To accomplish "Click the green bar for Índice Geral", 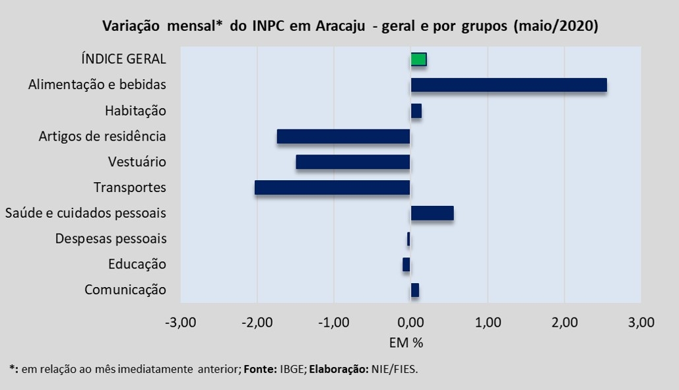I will (418, 59).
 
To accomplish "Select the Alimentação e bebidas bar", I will (508, 85).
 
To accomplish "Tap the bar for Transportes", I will (332, 187).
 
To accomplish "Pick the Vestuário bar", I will (353, 162).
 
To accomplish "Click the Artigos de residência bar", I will (343, 137).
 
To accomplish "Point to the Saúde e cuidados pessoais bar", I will (432, 213).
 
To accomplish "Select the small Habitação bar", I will (416, 111).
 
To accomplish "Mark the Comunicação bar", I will (414, 290).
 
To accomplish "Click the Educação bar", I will (406, 265).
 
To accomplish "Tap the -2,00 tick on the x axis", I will (256, 323).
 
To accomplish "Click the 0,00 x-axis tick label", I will (410, 323).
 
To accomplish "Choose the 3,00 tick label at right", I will (641, 323).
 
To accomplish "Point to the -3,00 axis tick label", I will (179, 323).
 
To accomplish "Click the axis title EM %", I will (410, 342).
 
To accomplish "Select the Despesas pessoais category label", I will (111, 239).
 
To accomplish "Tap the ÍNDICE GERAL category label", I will (123, 59).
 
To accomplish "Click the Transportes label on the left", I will (129, 187).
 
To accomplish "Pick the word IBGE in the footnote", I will (291, 369).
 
